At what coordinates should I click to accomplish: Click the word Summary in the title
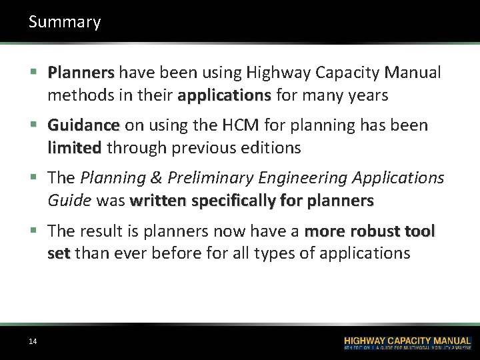[x=65, y=22]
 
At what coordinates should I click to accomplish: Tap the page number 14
[x=33, y=342]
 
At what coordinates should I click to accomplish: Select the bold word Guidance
[x=83, y=125]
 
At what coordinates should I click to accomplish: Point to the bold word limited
[x=74, y=148]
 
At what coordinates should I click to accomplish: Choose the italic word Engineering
[x=309, y=178]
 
